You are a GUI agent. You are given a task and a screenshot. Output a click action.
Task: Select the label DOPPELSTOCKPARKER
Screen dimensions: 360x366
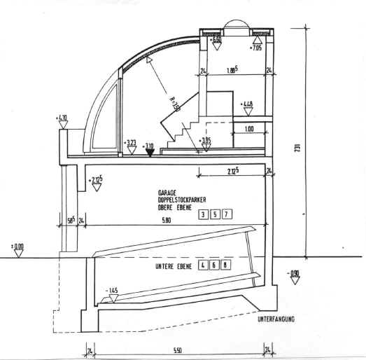tap(181, 199)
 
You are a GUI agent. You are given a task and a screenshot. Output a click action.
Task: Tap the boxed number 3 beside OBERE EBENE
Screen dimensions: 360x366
tap(203, 214)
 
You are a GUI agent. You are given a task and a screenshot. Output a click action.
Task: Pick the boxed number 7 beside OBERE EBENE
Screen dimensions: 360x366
tap(226, 214)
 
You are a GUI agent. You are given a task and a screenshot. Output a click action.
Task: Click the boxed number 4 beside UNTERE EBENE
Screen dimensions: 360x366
tap(203, 265)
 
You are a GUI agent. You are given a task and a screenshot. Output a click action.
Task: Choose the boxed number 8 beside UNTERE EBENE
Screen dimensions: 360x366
tap(226, 265)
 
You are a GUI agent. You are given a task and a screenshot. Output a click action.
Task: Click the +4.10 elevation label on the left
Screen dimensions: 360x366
tap(62, 118)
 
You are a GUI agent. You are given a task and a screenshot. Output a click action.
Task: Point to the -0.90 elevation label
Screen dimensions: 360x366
tap(295, 274)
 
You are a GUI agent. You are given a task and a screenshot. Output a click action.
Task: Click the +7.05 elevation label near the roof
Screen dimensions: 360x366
tap(256, 48)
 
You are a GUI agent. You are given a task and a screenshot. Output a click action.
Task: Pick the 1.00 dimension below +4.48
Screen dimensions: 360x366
tap(249, 129)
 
